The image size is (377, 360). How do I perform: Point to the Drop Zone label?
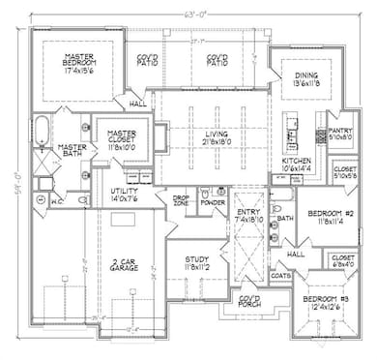pos(181,201)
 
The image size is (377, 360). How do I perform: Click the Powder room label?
pos(213,203)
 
